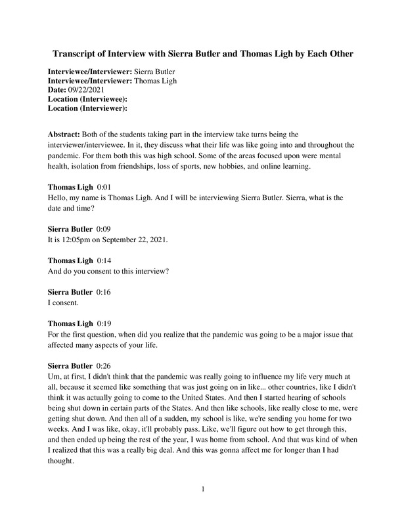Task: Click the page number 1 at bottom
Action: (203, 489)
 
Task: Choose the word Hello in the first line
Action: (60, 198)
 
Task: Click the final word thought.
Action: (64, 461)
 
